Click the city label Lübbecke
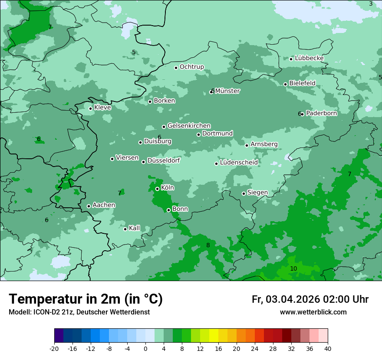coord(309,58)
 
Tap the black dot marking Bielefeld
coord(285,84)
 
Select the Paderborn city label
coord(321,113)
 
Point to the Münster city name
coord(227,91)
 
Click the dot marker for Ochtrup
coord(176,68)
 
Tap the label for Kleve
coord(102,108)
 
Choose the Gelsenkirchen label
coord(189,126)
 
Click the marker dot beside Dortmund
coord(198,134)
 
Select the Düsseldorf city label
coord(164,160)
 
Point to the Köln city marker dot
coord(157,189)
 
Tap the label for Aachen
coord(104,205)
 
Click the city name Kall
coord(134,228)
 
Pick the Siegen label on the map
coord(257,193)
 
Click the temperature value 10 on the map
coord(293,269)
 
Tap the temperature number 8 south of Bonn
coord(208,245)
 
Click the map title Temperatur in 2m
coord(86,299)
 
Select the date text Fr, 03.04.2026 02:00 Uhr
coord(310,299)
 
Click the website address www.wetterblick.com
coord(313,312)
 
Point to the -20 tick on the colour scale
coord(54,349)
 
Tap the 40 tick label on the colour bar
coord(328,349)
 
